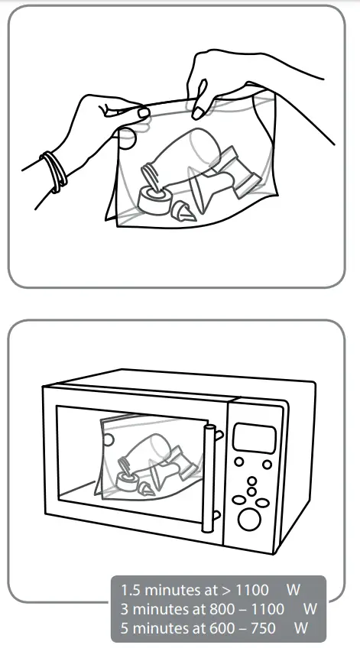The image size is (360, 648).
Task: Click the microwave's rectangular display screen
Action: pyautogui.click(x=254, y=438)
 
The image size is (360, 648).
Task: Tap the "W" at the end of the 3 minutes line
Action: pyautogui.click(x=310, y=608)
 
